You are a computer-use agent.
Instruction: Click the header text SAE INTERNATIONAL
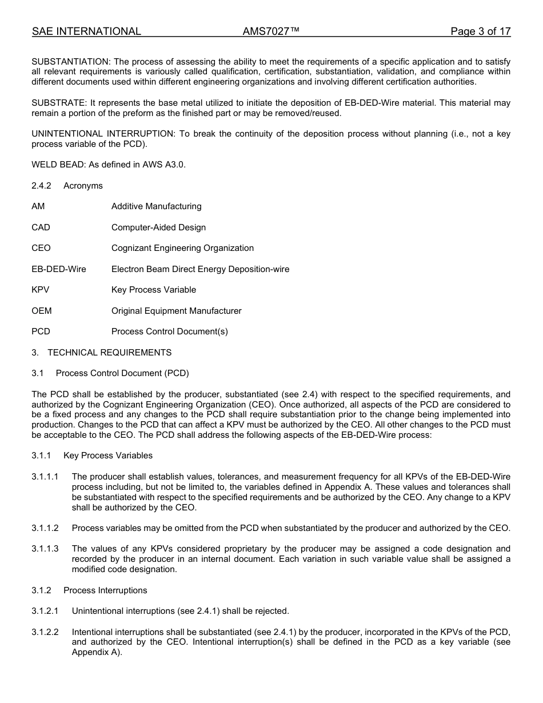(x=86, y=31)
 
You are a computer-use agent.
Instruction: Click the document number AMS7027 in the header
(x=271, y=31)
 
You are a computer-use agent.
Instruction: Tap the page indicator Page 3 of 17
(x=480, y=31)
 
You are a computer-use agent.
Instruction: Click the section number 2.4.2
(x=41, y=186)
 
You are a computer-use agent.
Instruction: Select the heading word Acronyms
(x=83, y=186)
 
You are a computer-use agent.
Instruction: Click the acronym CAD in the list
(x=41, y=227)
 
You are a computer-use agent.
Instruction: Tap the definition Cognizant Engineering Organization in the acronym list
(x=182, y=248)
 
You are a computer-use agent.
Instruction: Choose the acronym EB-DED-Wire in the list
(x=59, y=269)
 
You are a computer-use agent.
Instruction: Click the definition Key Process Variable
(x=153, y=290)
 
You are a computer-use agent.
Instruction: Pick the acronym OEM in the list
(x=41, y=311)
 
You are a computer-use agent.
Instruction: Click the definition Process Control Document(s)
(x=169, y=331)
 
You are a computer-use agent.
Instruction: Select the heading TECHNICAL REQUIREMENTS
(x=109, y=353)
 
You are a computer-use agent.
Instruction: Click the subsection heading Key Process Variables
(x=108, y=456)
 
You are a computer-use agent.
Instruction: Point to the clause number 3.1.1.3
(x=45, y=549)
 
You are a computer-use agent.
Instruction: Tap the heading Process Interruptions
(x=105, y=590)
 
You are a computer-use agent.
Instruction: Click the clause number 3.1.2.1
(x=45, y=611)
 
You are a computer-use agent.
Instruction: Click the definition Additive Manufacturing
(x=156, y=206)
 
